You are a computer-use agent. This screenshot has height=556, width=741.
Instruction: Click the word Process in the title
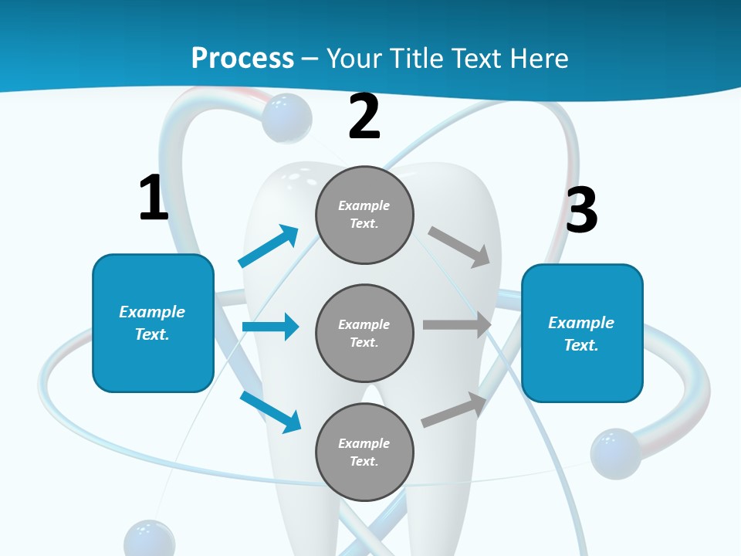242,58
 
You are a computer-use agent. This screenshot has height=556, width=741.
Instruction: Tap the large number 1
154,198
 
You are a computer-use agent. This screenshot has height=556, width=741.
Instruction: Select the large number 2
364,117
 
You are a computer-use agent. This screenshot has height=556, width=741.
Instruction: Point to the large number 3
581,210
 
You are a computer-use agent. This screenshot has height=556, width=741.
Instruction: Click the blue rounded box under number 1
153,323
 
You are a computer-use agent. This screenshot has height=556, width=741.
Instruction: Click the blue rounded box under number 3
582,333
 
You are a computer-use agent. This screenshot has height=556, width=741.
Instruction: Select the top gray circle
364,215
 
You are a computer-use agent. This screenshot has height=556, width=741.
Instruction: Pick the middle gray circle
364,333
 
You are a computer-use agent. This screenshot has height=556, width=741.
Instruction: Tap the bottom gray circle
364,452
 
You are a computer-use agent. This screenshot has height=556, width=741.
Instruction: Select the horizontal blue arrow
270,327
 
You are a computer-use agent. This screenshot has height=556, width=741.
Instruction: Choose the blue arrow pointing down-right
271,411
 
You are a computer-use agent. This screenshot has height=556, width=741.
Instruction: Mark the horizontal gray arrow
457,324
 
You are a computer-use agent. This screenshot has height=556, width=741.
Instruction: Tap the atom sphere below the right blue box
615,453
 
